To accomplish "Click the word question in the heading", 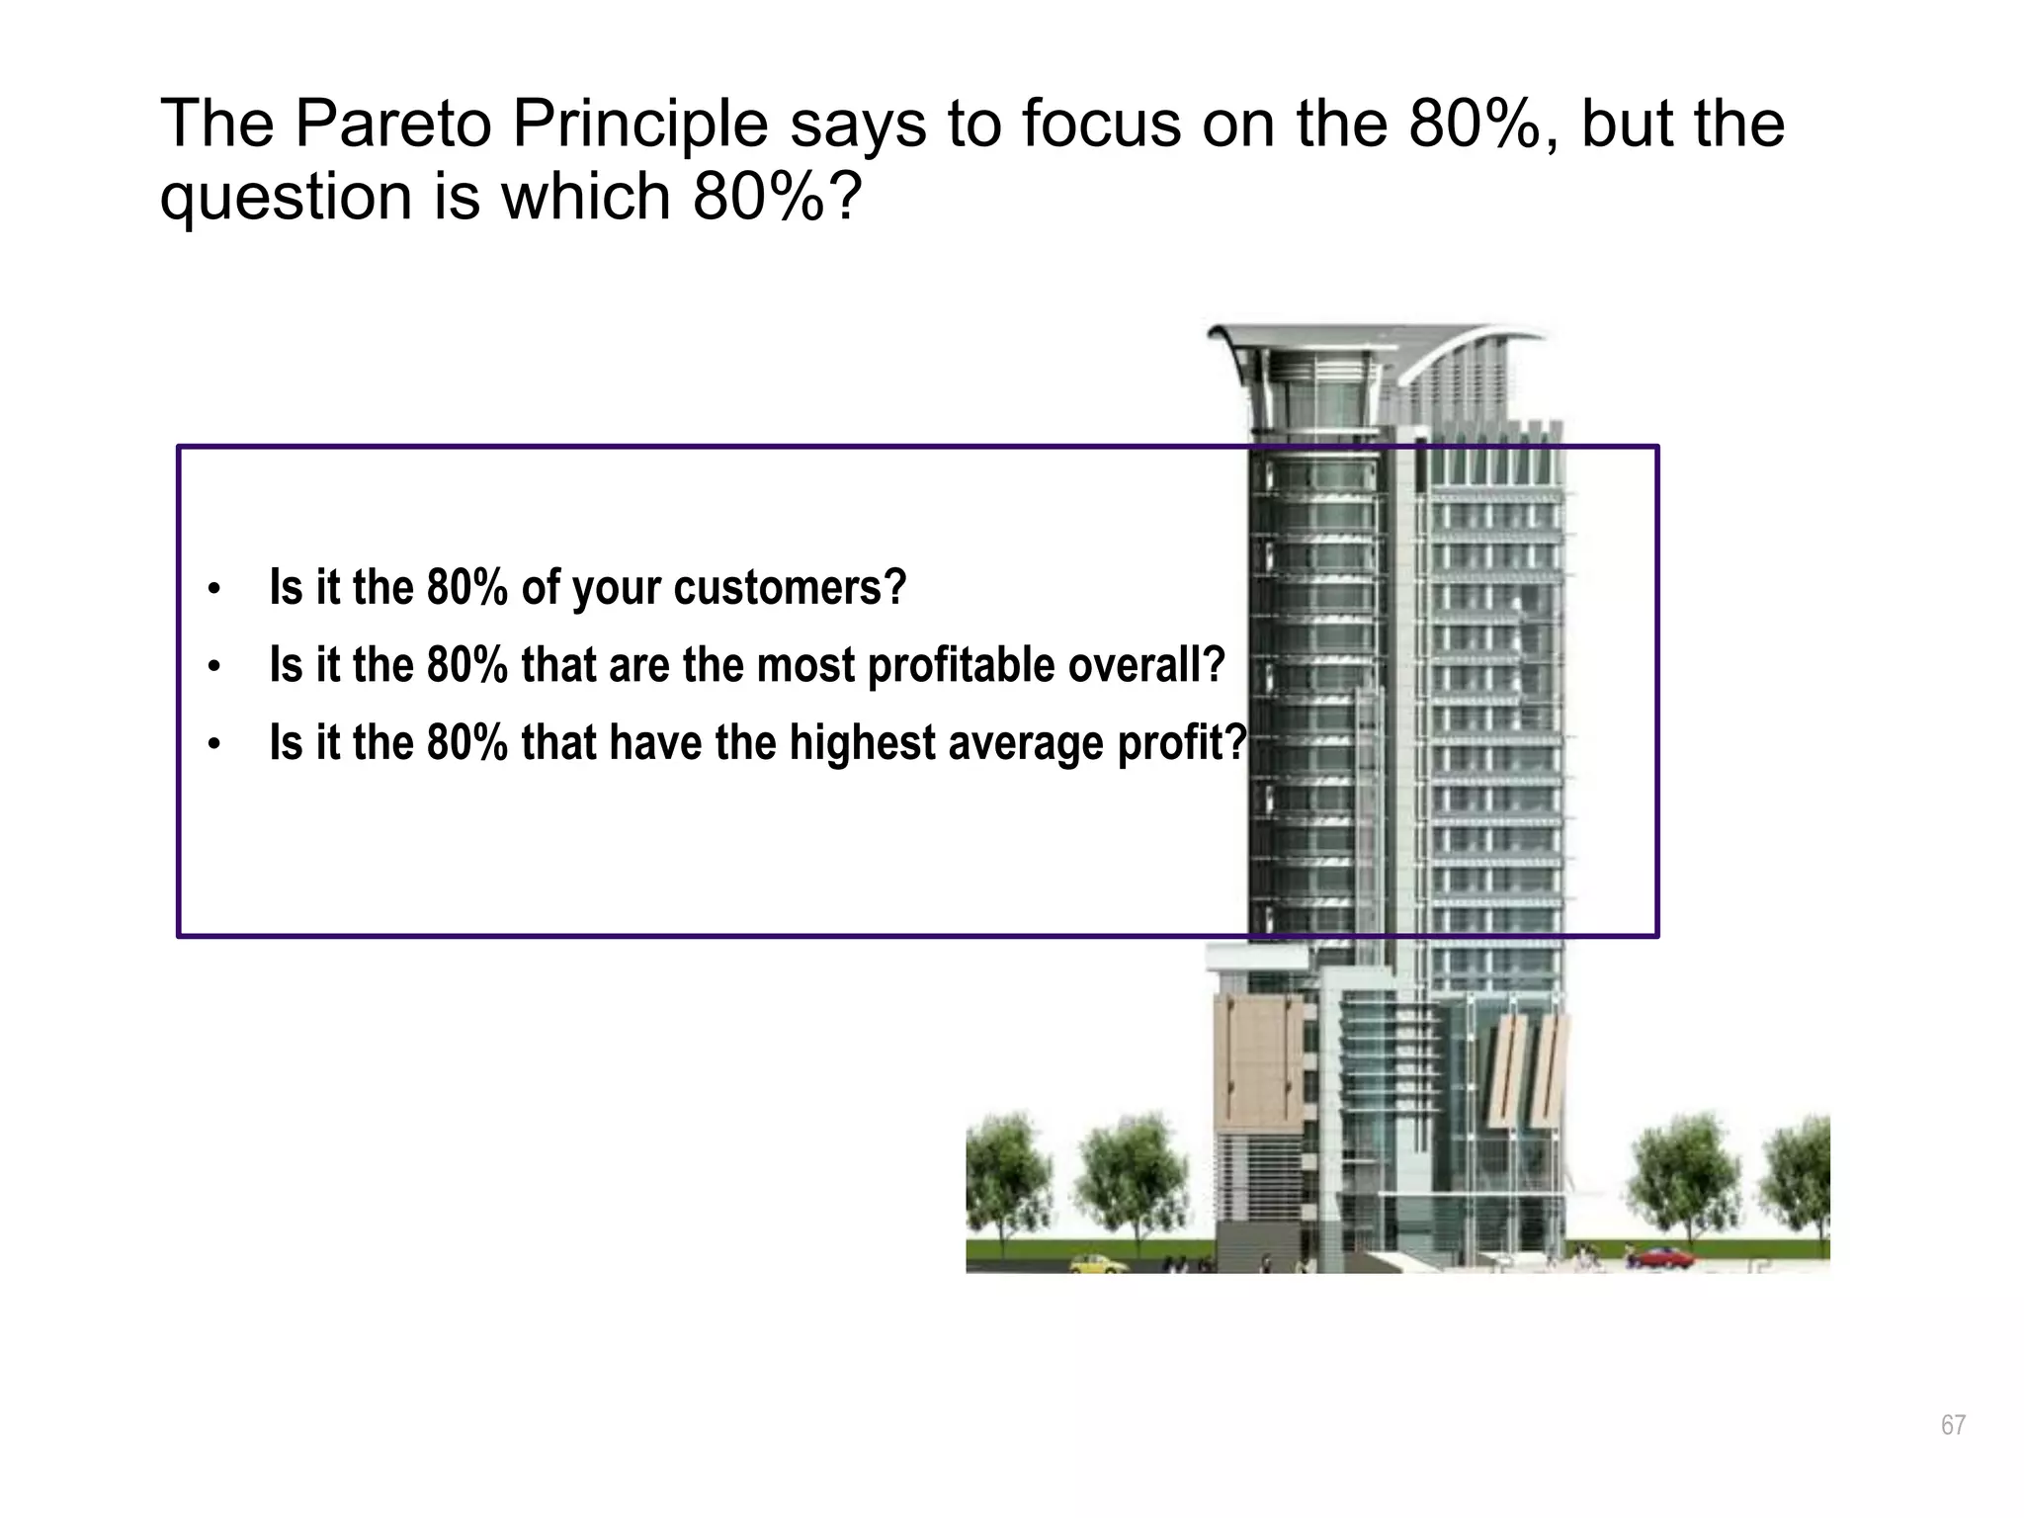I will coord(287,198).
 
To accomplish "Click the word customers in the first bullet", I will coord(790,588).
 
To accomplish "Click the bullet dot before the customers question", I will coord(213,591).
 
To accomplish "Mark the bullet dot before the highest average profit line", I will coord(213,746).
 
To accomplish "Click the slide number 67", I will coord(1953,1425).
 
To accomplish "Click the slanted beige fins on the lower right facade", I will coord(1527,1072).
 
